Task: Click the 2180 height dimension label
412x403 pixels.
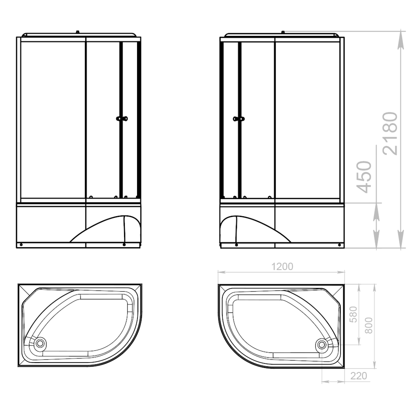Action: pyautogui.click(x=390, y=133)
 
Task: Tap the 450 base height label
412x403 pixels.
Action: pyautogui.click(x=364, y=177)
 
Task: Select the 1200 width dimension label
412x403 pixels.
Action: pyautogui.click(x=282, y=266)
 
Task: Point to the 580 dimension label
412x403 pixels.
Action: pyautogui.click(x=354, y=314)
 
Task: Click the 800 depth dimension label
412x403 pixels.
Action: pyautogui.click(x=369, y=325)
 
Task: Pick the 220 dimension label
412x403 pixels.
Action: pyautogui.click(x=359, y=376)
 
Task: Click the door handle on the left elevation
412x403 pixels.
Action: pyautogui.click(x=122, y=119)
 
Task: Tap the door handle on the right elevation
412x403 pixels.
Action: pyautogui.click(x=239, y=119)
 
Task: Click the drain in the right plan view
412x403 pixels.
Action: pyautogui.click(x=322, y=344)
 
